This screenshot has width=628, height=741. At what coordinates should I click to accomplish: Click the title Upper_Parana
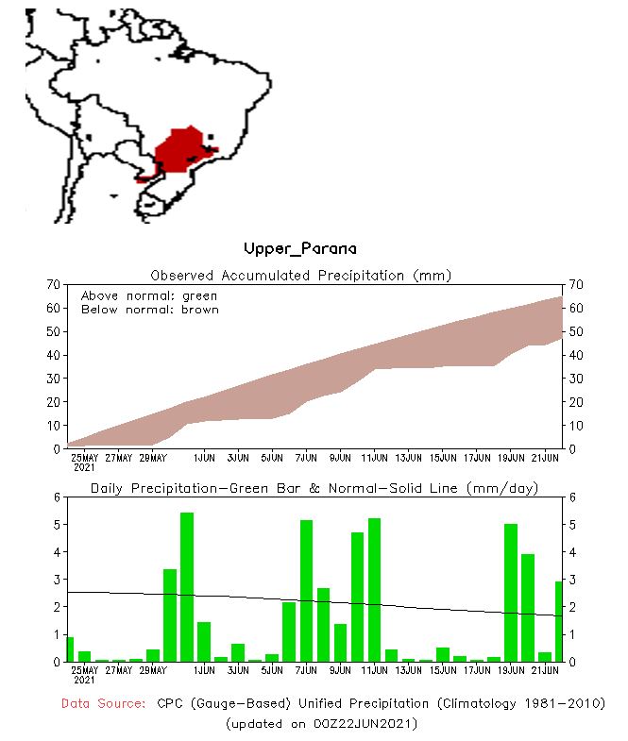tap(300, 249)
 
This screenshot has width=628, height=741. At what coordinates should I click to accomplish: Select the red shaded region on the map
tap(184, 150)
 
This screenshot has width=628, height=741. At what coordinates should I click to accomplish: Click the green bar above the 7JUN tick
tap(307, 591)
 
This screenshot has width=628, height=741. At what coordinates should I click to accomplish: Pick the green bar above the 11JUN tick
tap(375, 590)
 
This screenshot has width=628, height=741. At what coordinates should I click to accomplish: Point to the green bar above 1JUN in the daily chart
tap(204, 642)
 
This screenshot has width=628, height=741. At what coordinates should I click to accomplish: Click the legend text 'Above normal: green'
tap(149, 295)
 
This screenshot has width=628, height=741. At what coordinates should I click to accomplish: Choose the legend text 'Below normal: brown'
tap(149, 309)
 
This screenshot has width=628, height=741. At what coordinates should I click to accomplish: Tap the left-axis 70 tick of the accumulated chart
tap(53, 284)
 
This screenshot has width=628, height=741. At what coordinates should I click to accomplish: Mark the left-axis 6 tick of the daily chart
tap(57, 497)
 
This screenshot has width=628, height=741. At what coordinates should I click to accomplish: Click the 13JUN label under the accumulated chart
tap(408, 458)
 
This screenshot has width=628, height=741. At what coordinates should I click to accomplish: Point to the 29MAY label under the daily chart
tap(153, 670)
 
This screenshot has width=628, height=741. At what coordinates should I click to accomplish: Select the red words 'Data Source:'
tap(103, 704)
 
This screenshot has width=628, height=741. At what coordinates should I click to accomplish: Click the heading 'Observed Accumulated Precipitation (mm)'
tap(301, 276)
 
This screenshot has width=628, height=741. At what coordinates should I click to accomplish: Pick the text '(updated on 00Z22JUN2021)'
tap(322, 724)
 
